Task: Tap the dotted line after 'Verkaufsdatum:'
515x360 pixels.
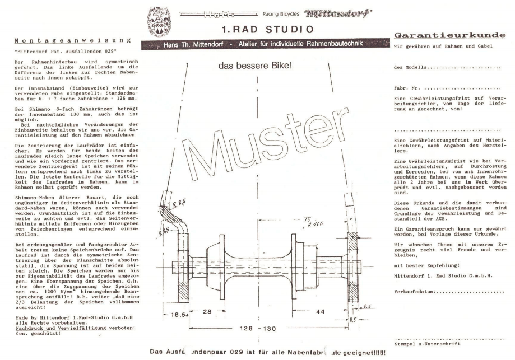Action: [x=470, y=291]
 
